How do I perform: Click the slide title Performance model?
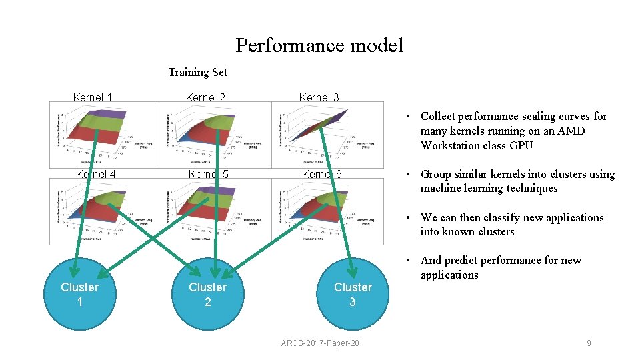point(319,45)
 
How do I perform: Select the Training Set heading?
point(197,72)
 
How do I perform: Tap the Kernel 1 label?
point(92,97)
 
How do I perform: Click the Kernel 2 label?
point(205,97)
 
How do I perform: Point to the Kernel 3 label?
point(319,97)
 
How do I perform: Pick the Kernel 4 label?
point(96,174)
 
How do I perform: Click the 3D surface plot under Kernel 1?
point(104,134)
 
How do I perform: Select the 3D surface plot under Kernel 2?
point(215,134)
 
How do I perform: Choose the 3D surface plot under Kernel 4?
point(104,209)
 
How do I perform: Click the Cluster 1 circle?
point(79,294)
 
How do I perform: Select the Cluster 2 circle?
point(207,294)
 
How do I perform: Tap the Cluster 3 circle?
point(353,294)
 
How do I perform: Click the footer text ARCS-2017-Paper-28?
point(320,343)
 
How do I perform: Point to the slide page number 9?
point(589,343)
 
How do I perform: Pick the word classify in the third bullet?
point(487,217)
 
